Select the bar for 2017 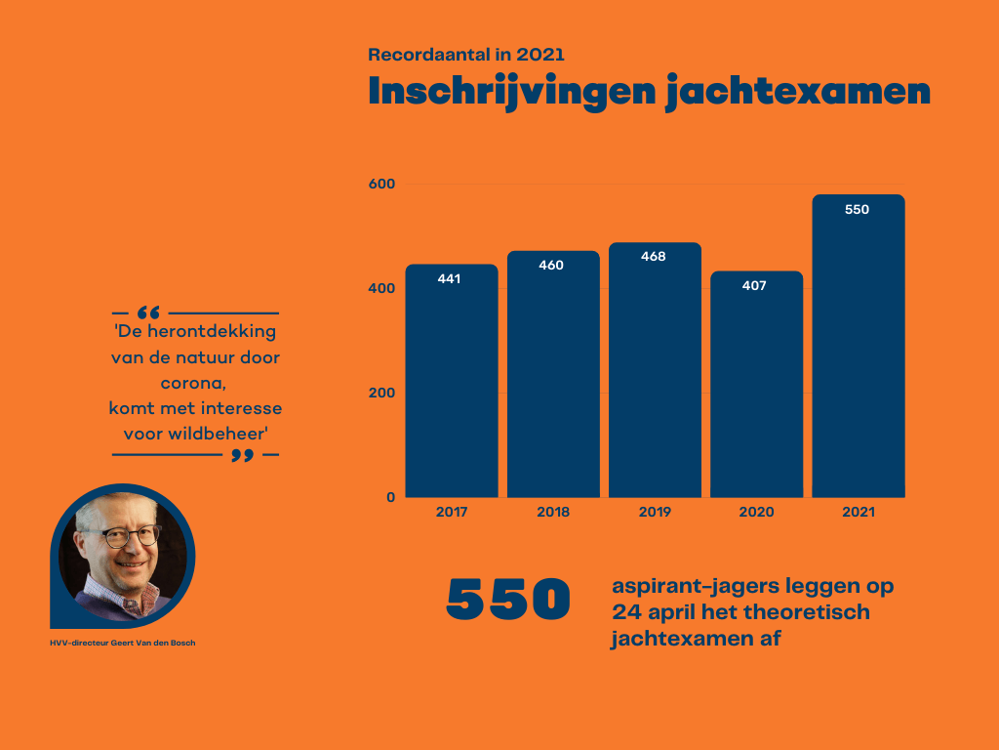[x=452, y=381]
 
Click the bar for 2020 [x=756, y=385]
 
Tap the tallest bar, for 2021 [x=858, y=347]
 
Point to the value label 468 [x=653, y=257]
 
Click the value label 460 [x=551, y=266]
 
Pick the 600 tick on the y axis [x=381, y=185]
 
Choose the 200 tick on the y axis [x=381, y=394]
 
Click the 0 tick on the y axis [x=390, y=497]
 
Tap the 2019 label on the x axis [x=654, y=513]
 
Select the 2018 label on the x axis [x=553, y=513]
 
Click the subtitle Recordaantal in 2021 [x=465, y=55]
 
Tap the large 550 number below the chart [x=508, y=599]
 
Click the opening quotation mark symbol [x=148, y=313]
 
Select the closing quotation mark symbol [x=243, y=456]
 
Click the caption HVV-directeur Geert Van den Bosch [x=122, y=643]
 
